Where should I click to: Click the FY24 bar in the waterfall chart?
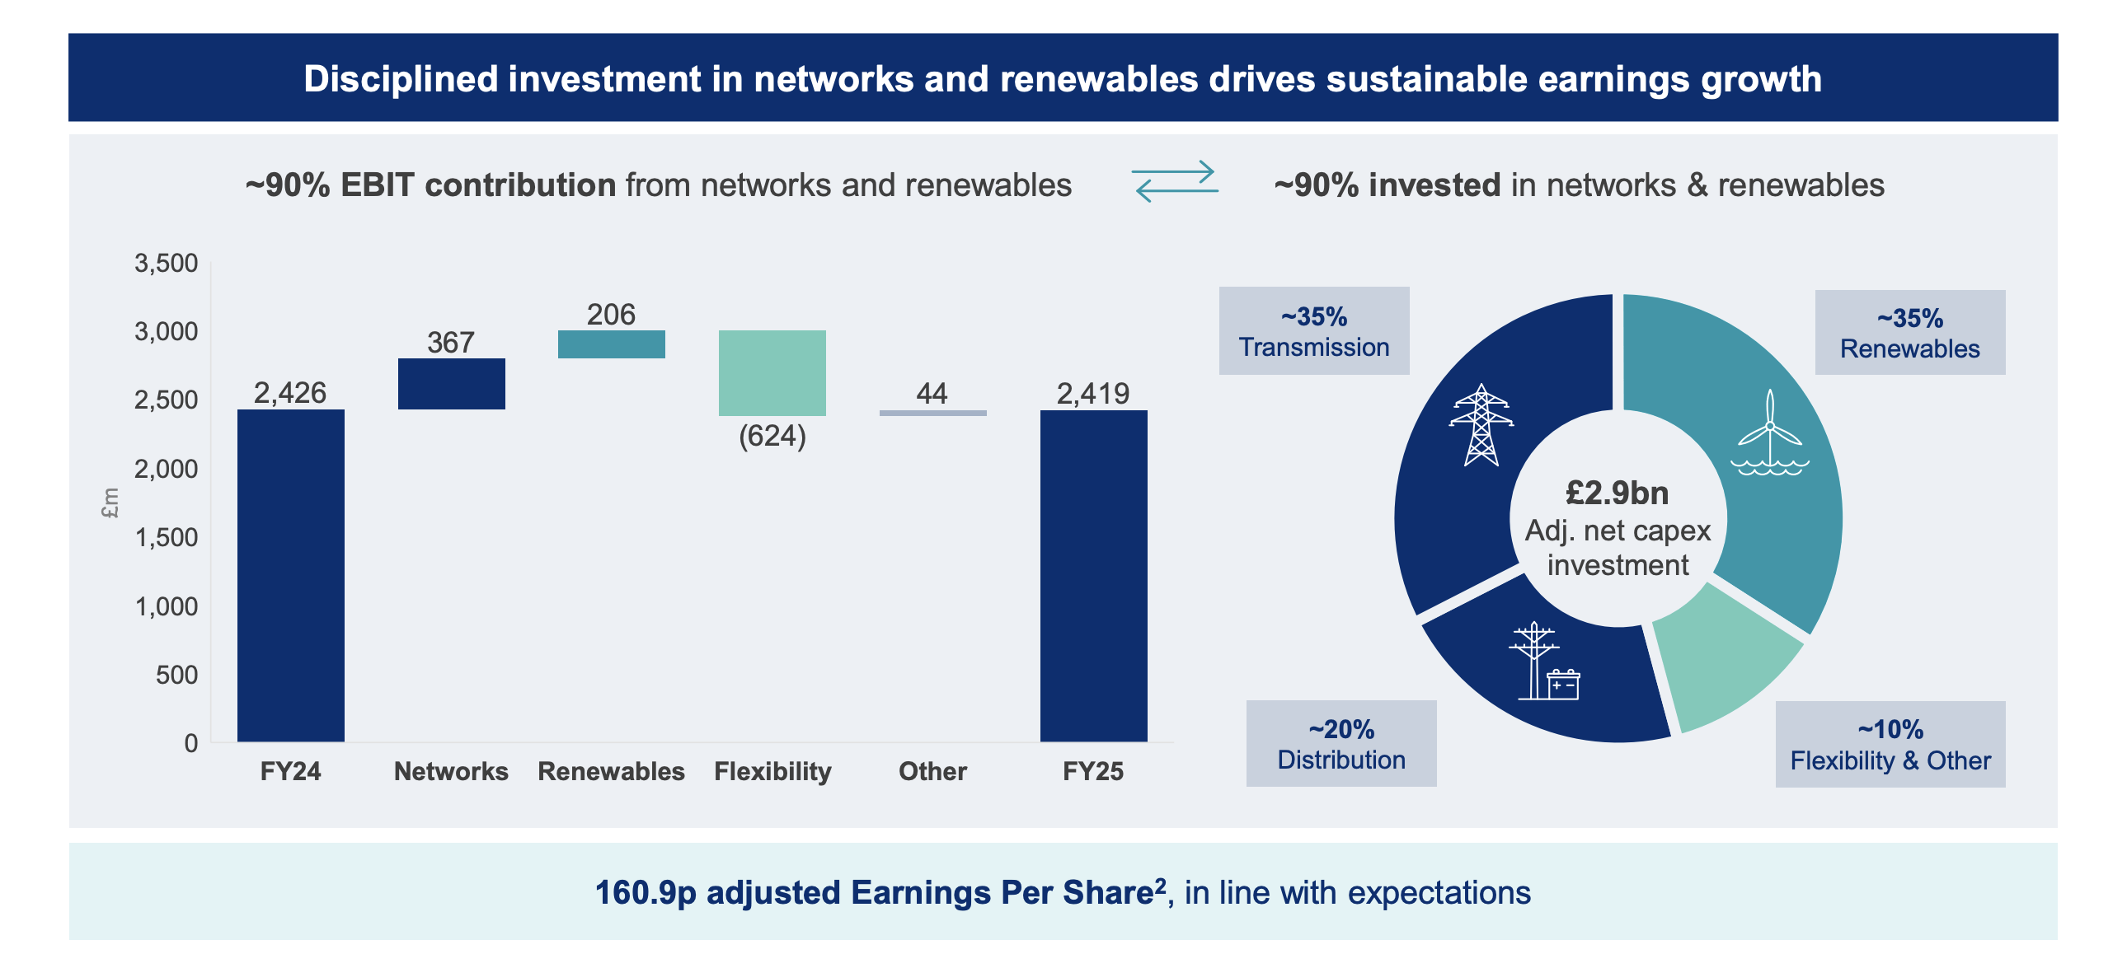click(x=291, y=575)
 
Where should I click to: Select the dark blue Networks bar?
click(x=452, y=384)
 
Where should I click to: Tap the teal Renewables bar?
click(x=612, y=344)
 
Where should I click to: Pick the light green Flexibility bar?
click(x=772, y=373)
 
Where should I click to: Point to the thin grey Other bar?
click(x=933, y=413)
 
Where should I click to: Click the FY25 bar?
click(x=1094, y=576)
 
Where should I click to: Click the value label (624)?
click(x=772, y=436)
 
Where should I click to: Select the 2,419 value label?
click(x=1093, y=394)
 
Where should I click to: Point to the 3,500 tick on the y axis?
click(x=166, y=264)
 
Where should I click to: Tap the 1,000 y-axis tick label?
click(x=166, y=606)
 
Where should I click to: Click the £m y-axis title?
click(x=110, y=503)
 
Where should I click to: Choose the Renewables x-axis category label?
click(x=612, y=771)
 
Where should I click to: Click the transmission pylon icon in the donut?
click(x=1481, y=425)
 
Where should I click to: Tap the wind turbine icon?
click(x=1770, y=433)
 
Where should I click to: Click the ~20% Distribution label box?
click(x=1342, y=744)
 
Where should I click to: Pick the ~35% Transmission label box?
click(x=1314, y=331)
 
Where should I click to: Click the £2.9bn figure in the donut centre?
click(x=1618, y=493)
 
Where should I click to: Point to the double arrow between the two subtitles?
click(x=1175, y=181)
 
